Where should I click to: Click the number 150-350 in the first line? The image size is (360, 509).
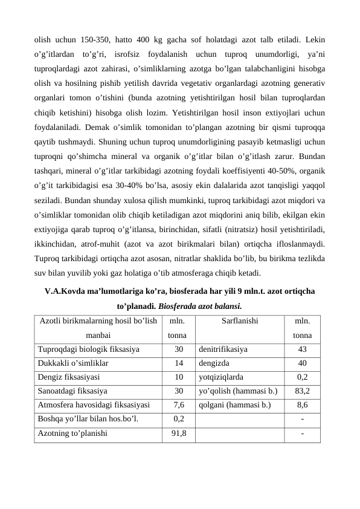(93, 41)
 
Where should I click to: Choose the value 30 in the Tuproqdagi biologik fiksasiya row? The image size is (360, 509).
(179, 349)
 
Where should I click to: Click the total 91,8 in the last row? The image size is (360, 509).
(179, 433)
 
